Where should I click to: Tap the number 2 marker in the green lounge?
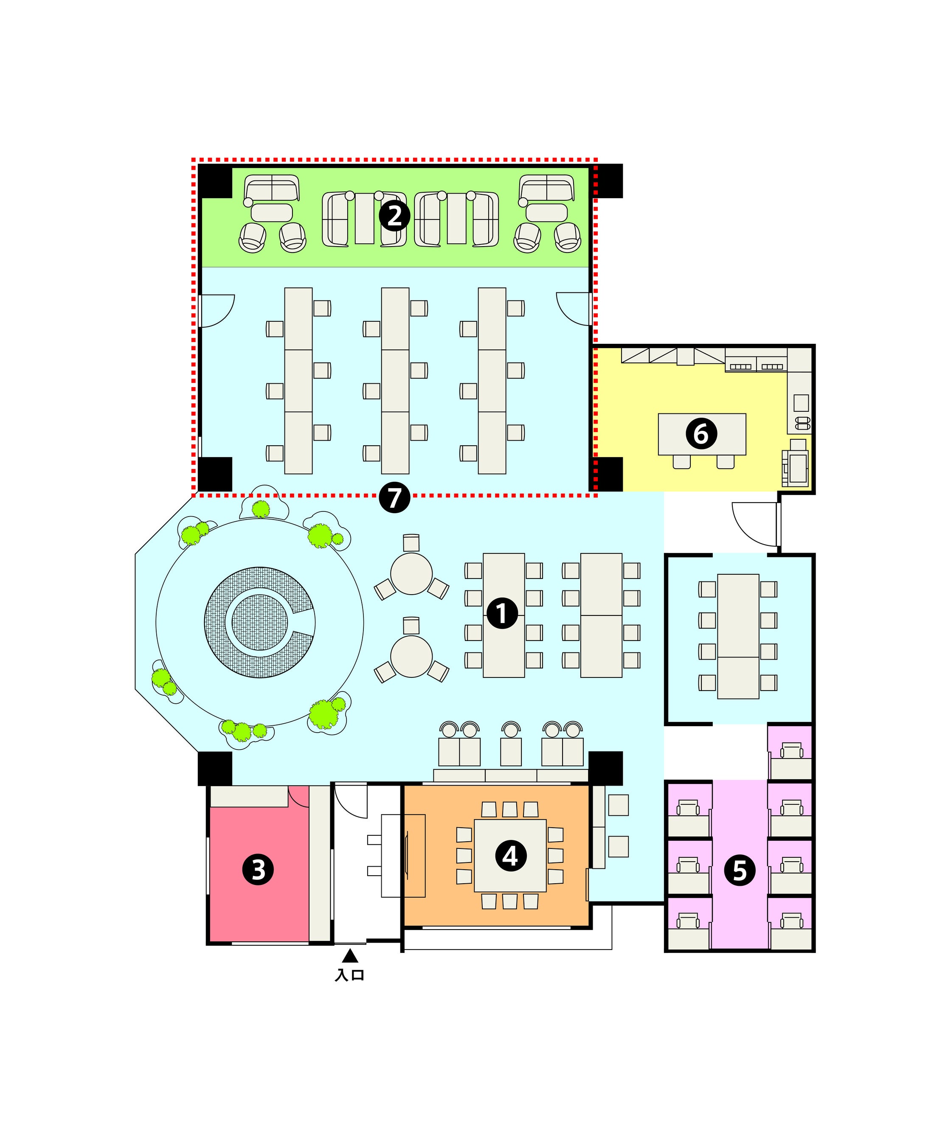(x=394, y=216)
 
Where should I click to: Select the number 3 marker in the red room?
(x=258, y=869)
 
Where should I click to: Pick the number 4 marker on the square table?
(x=510, y=856)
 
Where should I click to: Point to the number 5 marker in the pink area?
(x=740, y=870)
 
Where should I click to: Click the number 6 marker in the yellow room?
(x=701, y=434)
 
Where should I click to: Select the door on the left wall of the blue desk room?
(x=217, y=311)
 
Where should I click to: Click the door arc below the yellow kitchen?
(x=754, y=524)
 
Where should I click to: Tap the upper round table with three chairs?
(x=411, y=573)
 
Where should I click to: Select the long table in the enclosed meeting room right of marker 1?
(x=738, y=636)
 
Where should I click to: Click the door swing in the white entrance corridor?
(x=351, y=801)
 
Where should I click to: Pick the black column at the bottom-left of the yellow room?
(x=607, y=474)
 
